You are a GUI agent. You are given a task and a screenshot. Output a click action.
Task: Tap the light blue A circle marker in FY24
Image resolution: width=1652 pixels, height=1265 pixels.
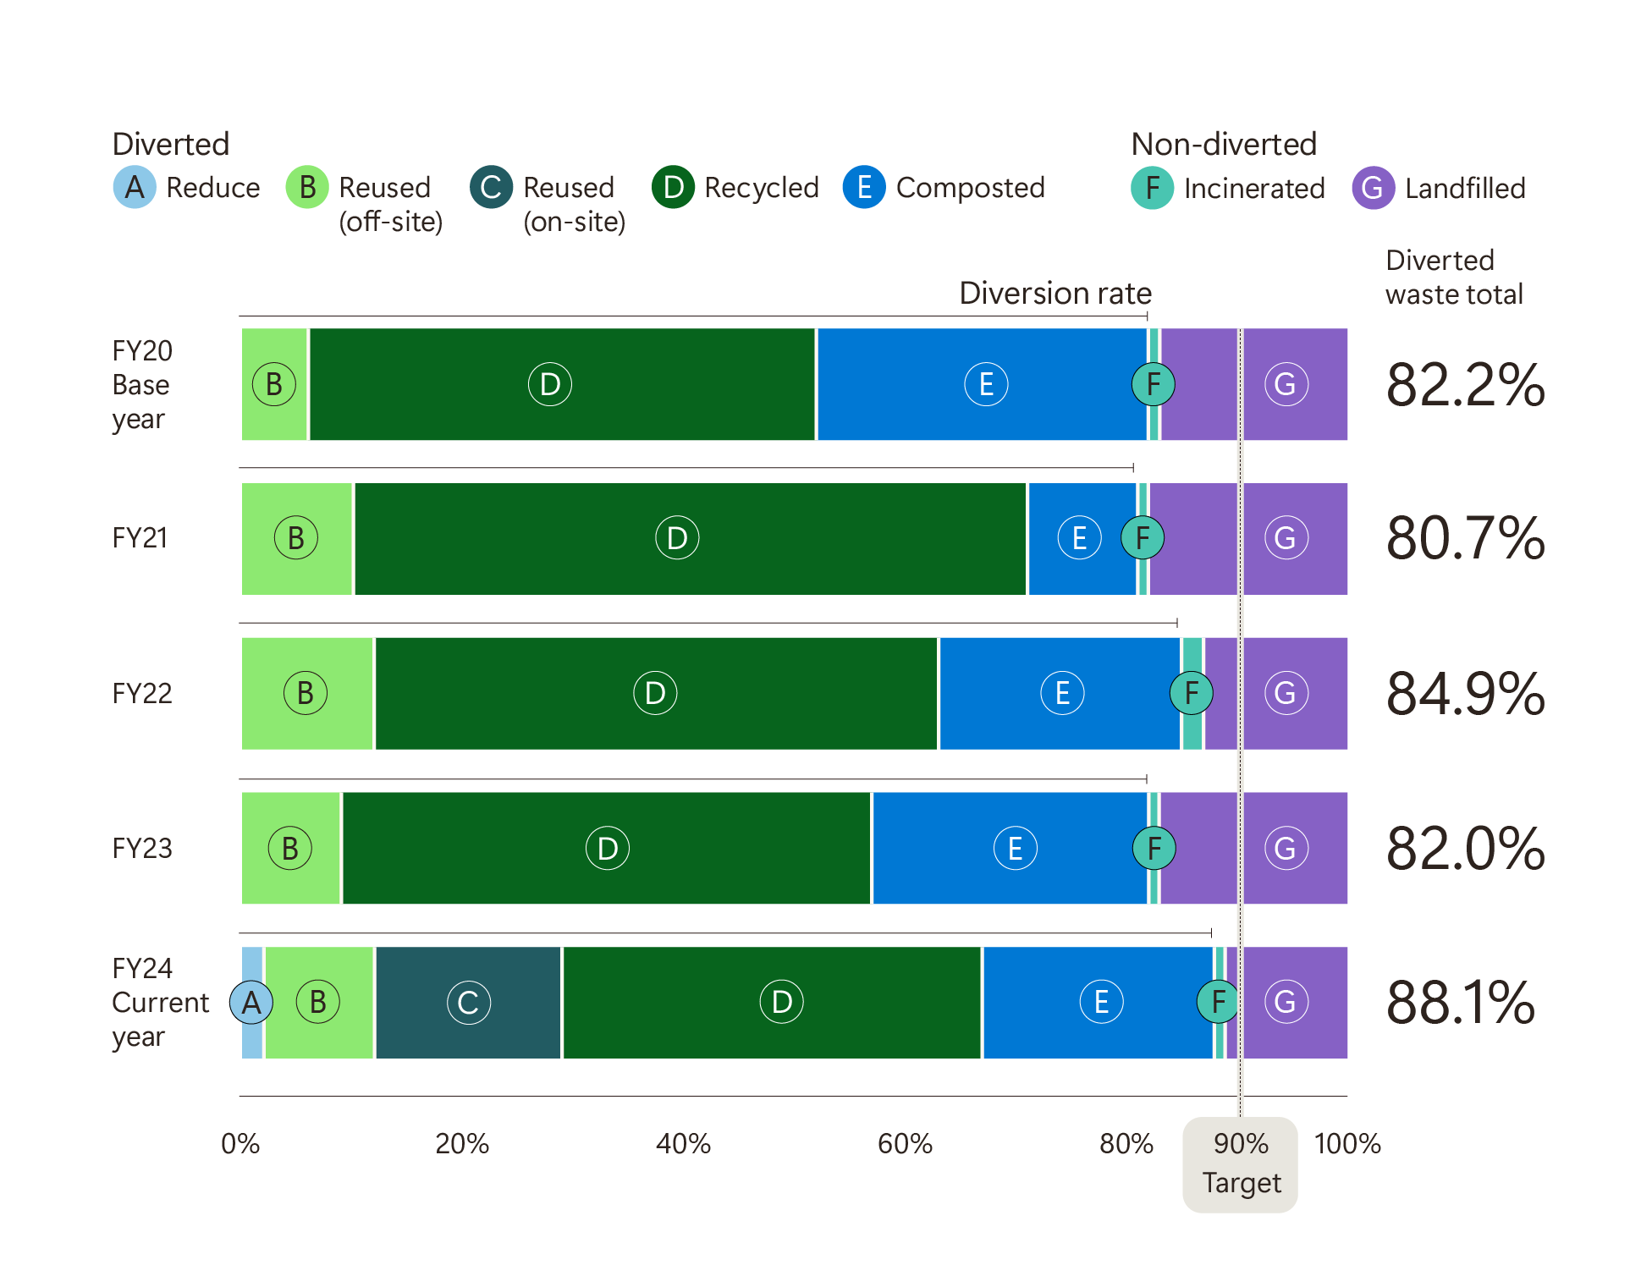[x=251, y=1003]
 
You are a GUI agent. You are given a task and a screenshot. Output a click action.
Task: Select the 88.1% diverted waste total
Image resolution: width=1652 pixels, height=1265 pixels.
[x=1460, y=1003]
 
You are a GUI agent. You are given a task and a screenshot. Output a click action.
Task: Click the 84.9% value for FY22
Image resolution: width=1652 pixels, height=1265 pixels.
[x=1465, y=694]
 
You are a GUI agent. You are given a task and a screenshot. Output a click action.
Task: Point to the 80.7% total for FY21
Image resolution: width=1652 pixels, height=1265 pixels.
[x=1465, y=538]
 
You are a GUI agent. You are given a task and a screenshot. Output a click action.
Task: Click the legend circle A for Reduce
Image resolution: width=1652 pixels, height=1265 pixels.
[x=135, y=187]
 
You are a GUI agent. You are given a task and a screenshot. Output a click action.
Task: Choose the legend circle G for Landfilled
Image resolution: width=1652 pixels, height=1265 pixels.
[x=1373, y=188]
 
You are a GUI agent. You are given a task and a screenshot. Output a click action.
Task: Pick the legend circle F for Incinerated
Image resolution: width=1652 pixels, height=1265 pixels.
[x=1152, y=188]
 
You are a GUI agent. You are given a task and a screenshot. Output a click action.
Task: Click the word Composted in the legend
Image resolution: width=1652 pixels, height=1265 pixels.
[x=970, y=188]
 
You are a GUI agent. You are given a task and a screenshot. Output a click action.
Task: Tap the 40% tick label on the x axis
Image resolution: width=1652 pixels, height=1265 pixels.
[x=683, y=1144]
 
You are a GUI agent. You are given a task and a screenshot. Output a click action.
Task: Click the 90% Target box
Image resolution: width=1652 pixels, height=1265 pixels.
[x=1240, y=1163]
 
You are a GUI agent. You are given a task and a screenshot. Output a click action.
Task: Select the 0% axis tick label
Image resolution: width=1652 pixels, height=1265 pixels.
[x=240, y=1144]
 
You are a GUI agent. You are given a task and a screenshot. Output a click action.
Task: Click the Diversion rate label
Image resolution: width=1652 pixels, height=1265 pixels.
[x=1055, y=293]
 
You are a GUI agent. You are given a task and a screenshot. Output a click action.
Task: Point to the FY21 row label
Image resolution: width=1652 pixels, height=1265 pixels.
[x=140, y=538]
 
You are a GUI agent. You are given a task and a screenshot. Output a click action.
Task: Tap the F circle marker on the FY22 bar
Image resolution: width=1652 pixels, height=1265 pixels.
[x=1191, y=693]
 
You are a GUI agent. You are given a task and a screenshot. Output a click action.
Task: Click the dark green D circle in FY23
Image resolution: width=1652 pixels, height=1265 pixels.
[x=608, y=848]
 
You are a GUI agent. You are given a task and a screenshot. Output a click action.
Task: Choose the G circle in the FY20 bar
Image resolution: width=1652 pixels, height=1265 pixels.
[x=1286, y=384]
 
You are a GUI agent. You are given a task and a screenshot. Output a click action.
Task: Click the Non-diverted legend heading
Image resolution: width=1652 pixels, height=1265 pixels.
[x=1224, y=144]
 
